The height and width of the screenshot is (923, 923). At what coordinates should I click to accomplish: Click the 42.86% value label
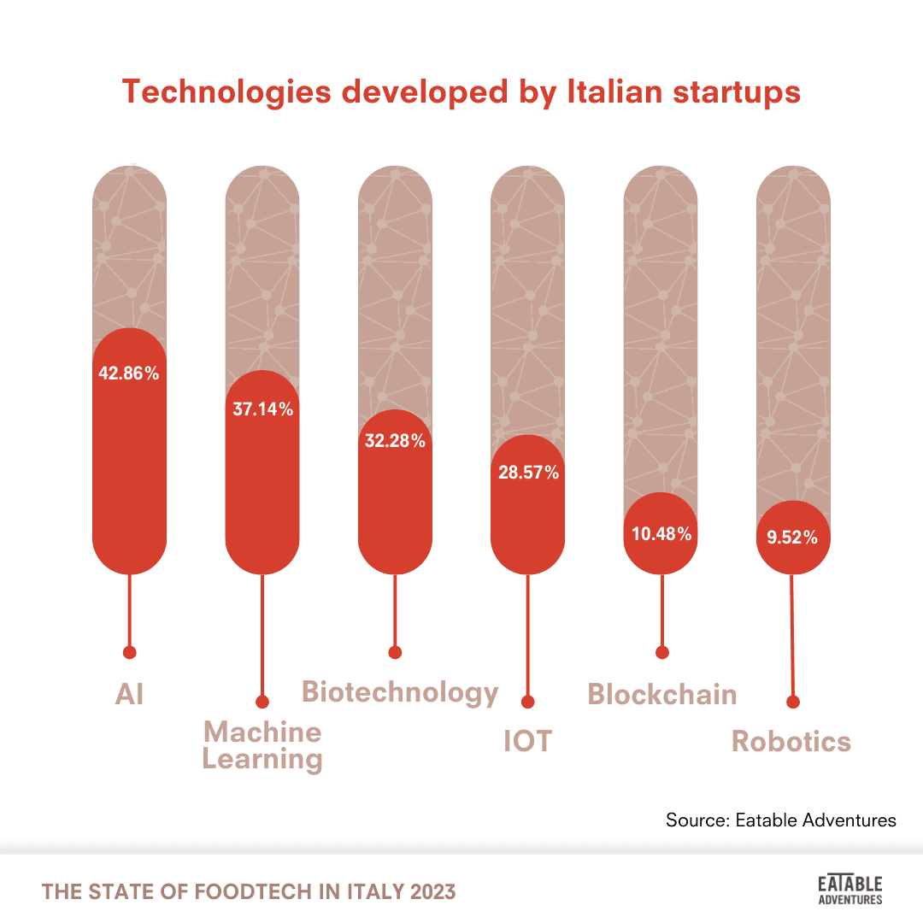tap(129, 373)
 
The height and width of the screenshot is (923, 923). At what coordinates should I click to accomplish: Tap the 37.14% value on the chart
tap(262, 409)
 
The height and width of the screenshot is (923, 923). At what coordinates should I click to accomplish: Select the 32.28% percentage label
tap(395, 441)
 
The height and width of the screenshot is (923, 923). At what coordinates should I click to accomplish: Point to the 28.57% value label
tap(528, 473)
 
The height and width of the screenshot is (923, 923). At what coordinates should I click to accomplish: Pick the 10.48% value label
tap(661, 534)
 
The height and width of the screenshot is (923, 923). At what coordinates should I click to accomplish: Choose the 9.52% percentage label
tap(793, 538)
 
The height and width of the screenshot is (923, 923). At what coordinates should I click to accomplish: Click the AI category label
tap(130, 694)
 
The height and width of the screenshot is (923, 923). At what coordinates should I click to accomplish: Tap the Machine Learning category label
tap(262, 745)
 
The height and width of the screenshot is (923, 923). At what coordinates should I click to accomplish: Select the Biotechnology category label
tap(400, 691)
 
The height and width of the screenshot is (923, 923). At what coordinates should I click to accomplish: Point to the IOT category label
tap(527, 741)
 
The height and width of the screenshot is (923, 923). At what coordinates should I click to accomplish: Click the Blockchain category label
tap(662, 694)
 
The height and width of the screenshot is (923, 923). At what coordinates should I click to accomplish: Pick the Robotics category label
tap(791, 741)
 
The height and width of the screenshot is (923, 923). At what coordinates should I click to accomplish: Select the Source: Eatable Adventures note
tap(781, 820)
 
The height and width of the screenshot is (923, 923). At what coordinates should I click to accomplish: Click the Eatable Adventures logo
tap(850, 889)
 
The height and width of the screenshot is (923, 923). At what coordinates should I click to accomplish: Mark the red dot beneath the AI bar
tap(130, 652)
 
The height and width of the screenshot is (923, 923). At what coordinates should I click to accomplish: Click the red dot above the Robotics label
tap(793, 703)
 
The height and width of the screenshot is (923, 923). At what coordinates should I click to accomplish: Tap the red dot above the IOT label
tap(527, 703)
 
